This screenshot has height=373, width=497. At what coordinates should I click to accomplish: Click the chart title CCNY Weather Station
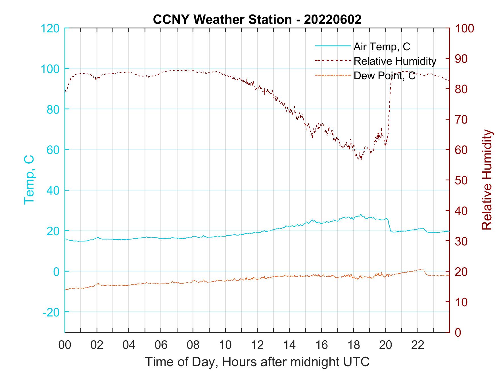[x=257, y=19]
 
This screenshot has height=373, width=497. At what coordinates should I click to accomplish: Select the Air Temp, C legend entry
[x=381, y=46]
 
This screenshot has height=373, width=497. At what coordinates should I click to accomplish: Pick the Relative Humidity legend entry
[x=394, y=61]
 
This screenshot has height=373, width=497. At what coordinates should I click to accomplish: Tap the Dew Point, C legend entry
[x=384, y=76]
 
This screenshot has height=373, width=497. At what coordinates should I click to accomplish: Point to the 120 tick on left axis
[x=50, y=28]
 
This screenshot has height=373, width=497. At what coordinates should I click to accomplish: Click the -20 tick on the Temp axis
[x=51, y=312]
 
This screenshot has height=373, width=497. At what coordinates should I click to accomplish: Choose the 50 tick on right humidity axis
[x=462, y=180]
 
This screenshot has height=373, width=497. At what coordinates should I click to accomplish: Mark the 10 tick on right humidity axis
[x=462, y=302]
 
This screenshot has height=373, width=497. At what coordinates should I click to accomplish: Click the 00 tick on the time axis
[x=65, y=345]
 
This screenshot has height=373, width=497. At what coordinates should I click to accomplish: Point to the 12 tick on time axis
[x=258, y=345]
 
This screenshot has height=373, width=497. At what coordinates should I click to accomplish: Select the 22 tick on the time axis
[x=418, y=345]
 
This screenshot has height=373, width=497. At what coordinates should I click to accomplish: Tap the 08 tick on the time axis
[x=193, y=345]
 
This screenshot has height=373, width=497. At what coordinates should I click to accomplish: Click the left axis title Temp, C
[x=29, y=180]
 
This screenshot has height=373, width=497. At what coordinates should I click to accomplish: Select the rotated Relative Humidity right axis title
[x=487, y=180]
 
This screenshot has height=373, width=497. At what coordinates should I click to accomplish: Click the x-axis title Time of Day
[x=257, y=362]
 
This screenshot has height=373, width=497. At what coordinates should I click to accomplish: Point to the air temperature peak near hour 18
[x=361, y=215]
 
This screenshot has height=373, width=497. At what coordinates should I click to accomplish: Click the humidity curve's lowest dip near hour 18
[x=361, y=159]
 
